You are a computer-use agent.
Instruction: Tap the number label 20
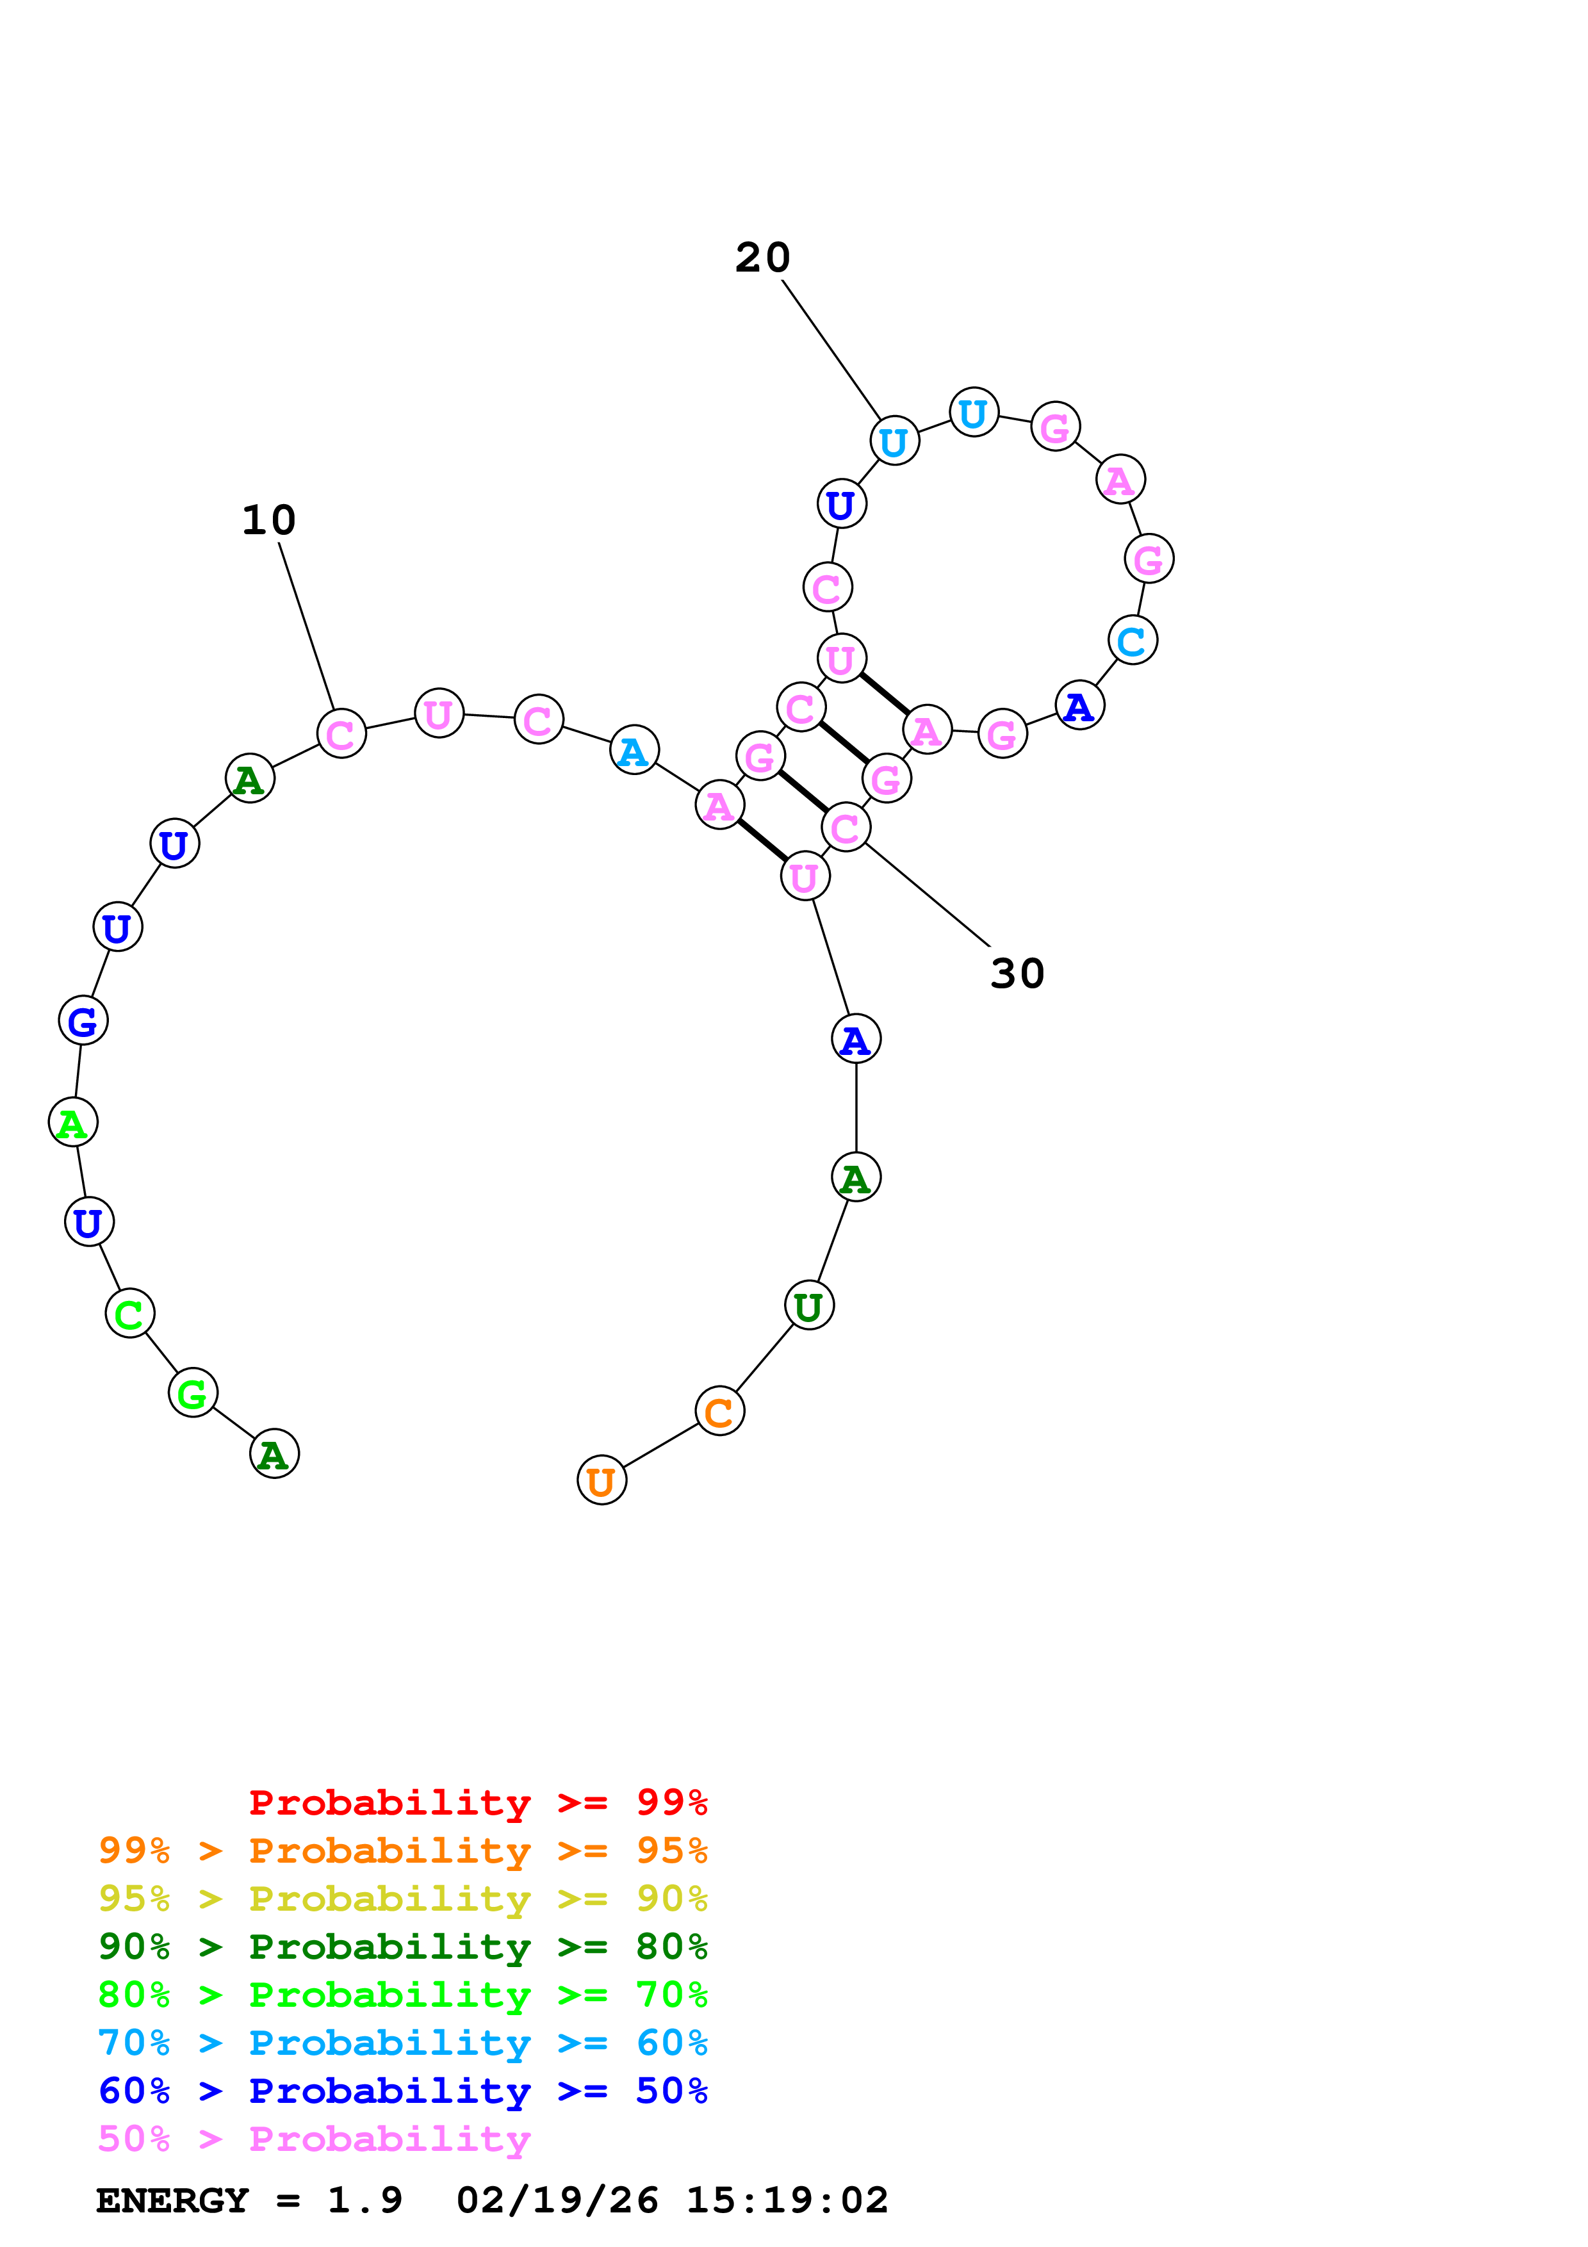tap(762, 257)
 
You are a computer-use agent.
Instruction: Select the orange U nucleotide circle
tap(602, 1481)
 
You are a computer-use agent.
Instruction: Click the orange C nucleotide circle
tap(719, 1411)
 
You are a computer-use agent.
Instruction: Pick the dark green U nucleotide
tap(809, 1305)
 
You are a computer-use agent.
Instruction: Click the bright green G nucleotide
tap(193, 1393)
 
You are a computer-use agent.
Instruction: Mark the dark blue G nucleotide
tap(83, 1021)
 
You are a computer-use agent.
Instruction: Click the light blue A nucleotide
tap(634, 751)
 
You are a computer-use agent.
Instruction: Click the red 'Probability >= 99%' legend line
tap(477, 1802)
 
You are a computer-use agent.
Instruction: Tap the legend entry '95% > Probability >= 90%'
tap(402, 1899)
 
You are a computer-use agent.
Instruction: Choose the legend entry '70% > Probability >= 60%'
tap(402, 2043)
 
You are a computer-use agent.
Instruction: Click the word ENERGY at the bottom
tap(172, 2201)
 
